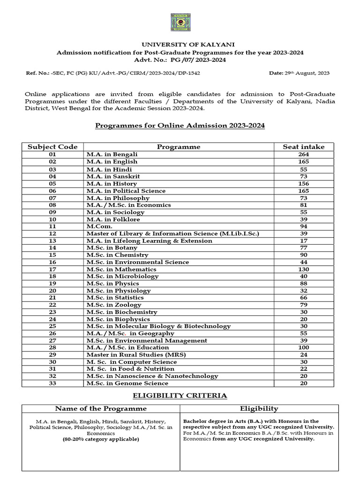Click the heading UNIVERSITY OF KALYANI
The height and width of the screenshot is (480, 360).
point(180,44)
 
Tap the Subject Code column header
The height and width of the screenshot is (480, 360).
point(52,147)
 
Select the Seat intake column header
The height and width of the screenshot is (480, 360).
point(303,147)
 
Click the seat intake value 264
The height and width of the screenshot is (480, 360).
point(303,154)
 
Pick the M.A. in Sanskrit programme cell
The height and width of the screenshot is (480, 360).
point(113,176)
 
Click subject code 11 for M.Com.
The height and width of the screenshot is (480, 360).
point(52,226)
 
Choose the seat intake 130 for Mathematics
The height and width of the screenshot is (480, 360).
point(303,269)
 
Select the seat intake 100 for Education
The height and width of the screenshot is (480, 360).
point(303,347)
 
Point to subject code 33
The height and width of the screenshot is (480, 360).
point(52,383)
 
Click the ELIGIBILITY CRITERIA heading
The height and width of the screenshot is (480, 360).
point(180,396)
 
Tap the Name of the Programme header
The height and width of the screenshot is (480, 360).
point(101,408)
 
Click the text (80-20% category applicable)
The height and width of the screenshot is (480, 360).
point(101,439)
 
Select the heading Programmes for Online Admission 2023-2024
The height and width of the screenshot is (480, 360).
point(180,126)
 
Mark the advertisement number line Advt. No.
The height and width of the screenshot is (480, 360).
point(180,60)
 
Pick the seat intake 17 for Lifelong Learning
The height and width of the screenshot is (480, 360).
point(303,240)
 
